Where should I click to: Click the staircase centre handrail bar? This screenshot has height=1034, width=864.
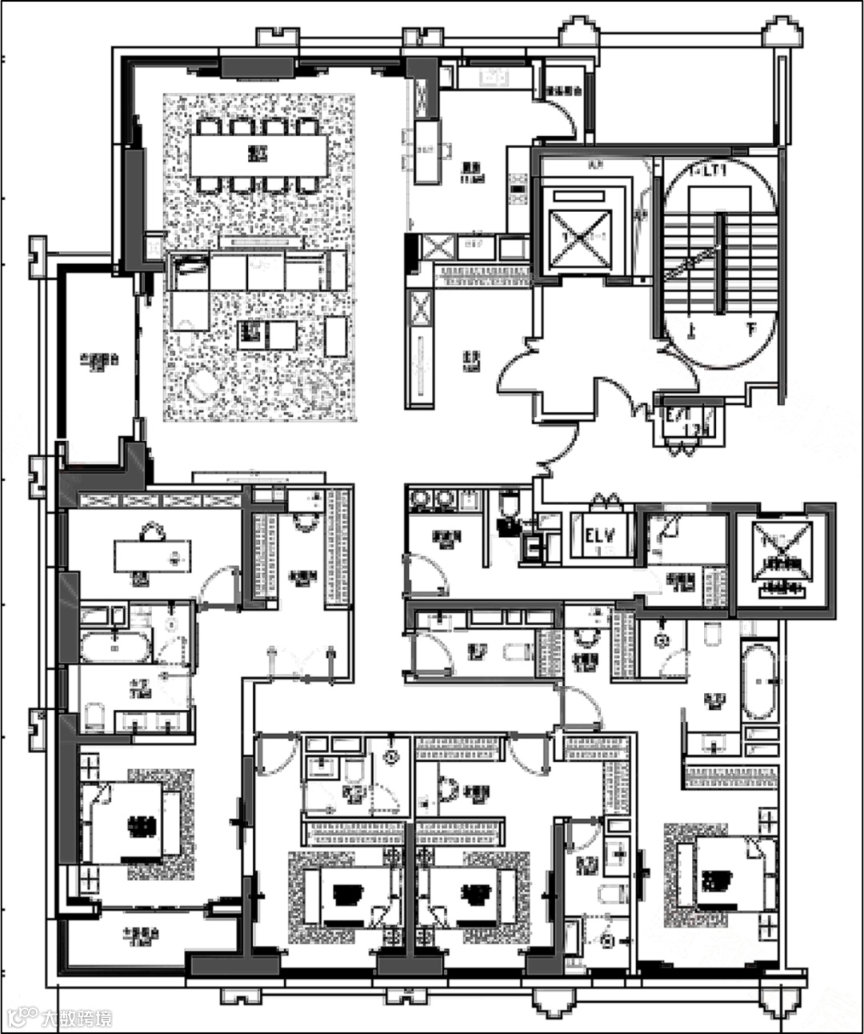click(720, 264)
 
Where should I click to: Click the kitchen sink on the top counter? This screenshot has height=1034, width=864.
click(490, 78)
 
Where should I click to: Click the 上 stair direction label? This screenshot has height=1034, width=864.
click(690, 327)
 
